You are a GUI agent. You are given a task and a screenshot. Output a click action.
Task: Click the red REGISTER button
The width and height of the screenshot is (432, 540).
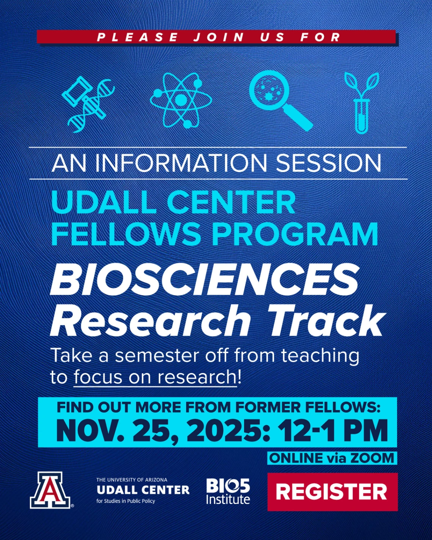[x=332, y=491]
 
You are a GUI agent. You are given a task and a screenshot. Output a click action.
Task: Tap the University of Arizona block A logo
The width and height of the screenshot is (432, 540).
[x=50, y=490]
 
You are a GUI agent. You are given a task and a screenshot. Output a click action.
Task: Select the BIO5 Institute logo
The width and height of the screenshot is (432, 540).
[x=228, y=491]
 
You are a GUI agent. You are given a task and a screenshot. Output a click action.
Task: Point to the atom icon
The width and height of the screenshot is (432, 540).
[x=181, y=100]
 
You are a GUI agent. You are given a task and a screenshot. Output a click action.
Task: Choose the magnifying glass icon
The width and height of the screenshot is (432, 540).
[x=279, y=100]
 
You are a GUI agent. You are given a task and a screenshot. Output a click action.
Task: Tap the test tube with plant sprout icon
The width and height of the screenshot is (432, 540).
[x=361, y=102]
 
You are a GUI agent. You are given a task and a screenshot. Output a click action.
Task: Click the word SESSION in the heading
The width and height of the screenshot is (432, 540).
[x=328, y=163]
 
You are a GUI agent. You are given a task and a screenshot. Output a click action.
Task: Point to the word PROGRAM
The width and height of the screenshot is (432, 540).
[x=295, y=234]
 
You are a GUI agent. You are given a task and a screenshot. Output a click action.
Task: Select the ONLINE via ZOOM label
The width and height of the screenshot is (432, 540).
[x=332, y=458]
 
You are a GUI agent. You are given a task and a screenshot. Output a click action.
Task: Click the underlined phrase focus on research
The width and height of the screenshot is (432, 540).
[x=155, y=377]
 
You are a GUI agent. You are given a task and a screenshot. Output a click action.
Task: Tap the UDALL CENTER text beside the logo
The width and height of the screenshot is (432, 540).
[x=143, y=490]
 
